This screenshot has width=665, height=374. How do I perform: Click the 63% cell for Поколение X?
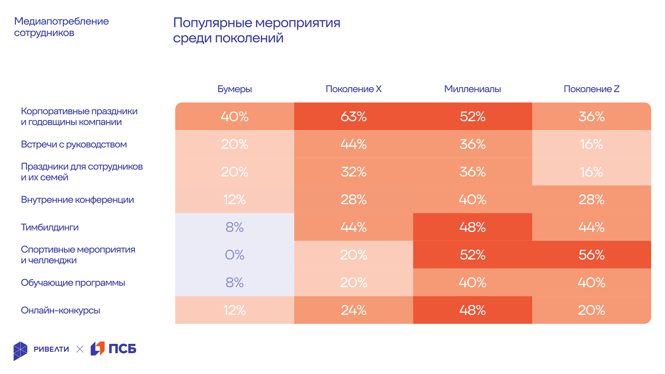click(353, 116)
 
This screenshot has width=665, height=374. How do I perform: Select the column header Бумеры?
click(234, 89)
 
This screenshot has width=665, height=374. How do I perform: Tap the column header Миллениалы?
click(472, 89)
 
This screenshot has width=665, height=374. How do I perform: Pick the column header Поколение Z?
click(591, 89)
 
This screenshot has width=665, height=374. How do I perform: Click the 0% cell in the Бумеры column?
click(234, 255)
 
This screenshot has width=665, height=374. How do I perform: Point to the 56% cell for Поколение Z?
click(591, 255)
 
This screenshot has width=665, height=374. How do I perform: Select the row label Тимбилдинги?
click(50, 227)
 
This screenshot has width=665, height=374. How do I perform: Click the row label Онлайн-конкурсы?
click(60, 310)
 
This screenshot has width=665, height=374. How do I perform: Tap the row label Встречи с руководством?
click(74, 144)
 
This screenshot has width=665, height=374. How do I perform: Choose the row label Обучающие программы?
click(73, 283)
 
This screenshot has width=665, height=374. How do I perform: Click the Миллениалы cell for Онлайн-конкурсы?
click(472, 310)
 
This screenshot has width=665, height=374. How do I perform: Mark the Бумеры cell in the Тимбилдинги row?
click(234, 227)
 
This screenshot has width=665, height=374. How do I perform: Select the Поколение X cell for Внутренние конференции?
click(353, 199)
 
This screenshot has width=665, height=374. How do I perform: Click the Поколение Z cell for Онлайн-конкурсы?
click(591, 310)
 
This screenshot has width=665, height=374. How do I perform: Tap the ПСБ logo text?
click(122, 349)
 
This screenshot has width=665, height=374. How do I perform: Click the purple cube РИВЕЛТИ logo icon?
click(20, 351)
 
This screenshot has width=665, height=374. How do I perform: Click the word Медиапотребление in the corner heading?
click(61, 21)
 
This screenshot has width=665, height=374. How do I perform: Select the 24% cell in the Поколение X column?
click(353, 310)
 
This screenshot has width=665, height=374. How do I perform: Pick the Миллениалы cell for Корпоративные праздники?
click(472, 116)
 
